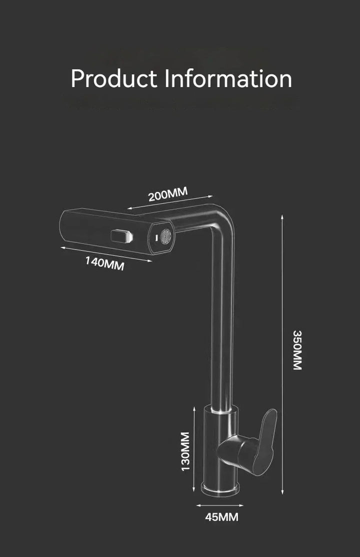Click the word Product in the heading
click(x=113, y=79)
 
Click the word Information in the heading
click(x=228, y=78)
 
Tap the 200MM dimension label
click(x=167, y=194)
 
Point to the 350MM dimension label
click(x=297, y=350)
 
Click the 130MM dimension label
click(x=185, y=451)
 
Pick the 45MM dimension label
click(x=222, y=517)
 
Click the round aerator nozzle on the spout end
click(x=165, y=236)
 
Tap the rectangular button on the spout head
click(x=121, y=236)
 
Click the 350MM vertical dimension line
click(x=282, y=354)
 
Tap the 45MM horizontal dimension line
click(x=220, y=505)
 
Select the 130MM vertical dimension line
click(x=194, y=449)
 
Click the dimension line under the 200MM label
click(x=170, y=202)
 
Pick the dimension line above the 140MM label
click(x=106, y=254)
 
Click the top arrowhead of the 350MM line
click(x=282, y=216)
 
